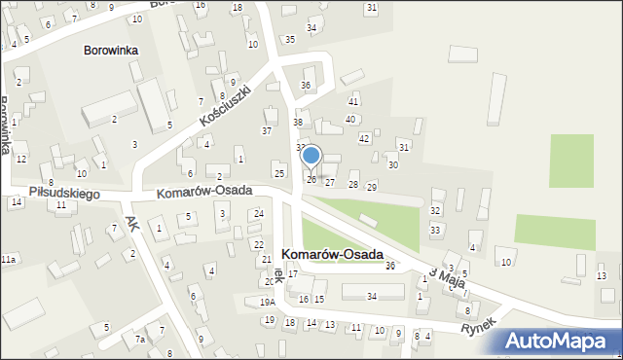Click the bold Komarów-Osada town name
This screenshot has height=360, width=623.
(332, 253)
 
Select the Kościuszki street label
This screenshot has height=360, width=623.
(226, 104)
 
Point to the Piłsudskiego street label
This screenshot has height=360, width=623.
(65, 194)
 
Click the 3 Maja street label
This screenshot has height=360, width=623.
(445, 275)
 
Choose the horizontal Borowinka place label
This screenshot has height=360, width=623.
(111, 50)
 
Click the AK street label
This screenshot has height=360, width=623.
(132, 223)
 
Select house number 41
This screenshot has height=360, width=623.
(353, 101)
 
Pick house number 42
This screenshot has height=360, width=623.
(364, 138)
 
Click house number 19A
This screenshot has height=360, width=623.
(267, 303)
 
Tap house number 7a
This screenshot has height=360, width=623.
(140, 339)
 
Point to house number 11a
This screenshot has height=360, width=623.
(8, 260)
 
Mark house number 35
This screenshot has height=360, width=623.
(290, 39)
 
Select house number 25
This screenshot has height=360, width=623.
(279, 173)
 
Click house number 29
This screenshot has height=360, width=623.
(371, 186)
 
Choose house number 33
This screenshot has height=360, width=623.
(435, 230)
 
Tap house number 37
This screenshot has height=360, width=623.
(267, 130)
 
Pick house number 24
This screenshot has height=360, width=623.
(258, 213)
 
